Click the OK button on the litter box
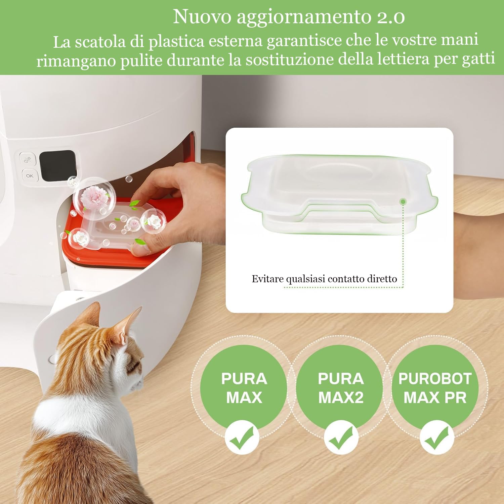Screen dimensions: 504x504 pos(30,176)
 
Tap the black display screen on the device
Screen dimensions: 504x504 pos(57,166)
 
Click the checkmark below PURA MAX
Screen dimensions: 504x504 pos(242,437)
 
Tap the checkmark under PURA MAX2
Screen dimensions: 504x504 pos(341,437)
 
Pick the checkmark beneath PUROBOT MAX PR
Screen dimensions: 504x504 pos(436,437)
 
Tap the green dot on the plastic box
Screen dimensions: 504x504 pos(403,202)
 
